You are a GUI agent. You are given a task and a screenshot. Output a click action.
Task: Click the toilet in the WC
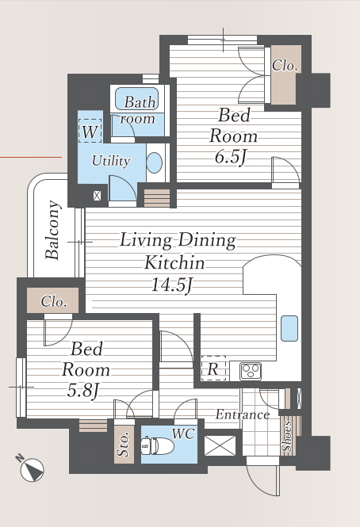[x=158, y=446]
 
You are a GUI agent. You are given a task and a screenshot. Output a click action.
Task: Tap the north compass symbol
[x=31, y=468]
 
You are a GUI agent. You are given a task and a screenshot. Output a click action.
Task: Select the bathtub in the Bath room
[x=136, y=99]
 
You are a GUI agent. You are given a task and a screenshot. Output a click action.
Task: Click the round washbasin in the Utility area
[x=155, y=163]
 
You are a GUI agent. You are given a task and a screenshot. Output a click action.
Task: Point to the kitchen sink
[x=289, y=328]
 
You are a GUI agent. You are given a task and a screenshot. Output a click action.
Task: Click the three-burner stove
[x=251, y=372]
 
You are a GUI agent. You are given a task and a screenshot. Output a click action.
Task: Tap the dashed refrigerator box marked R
[x=213, y=369]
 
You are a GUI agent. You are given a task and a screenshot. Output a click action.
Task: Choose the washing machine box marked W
[x=90, y=131]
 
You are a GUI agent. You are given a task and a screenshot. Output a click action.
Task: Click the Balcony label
[x=53, y=230]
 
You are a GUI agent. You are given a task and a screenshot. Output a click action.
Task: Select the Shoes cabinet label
[x=287, y=436]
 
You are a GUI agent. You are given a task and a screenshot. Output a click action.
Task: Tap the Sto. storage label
[x=123, y=444]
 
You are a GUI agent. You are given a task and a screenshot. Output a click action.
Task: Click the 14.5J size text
[x=172, y=285]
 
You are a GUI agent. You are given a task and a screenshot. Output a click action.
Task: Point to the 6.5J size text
[x=231, y=157]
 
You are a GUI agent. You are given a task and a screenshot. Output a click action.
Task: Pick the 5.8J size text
[x=83, y=391]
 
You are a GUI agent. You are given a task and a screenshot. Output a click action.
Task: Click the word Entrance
[x=243, y=414]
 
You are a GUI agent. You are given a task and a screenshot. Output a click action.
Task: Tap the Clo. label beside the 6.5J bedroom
[x=285, y=66]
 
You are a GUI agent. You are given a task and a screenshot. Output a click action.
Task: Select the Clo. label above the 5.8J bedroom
[x=53, y=301]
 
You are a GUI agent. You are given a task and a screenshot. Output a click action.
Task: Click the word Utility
[x=111, y=161]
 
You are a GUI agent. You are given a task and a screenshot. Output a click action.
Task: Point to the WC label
[x=183, y=434]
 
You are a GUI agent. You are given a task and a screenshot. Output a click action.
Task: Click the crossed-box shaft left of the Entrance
[x=220, y=445]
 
